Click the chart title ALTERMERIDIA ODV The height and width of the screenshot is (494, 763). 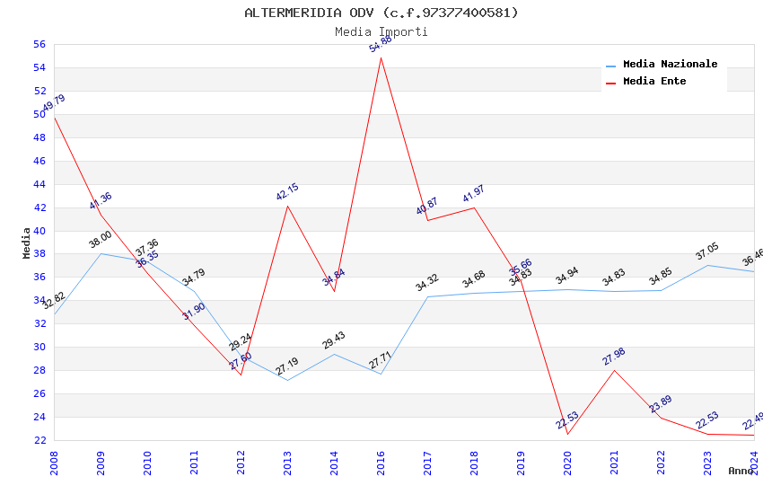pos(381,13)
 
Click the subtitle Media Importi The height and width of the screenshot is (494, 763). pos(381,31)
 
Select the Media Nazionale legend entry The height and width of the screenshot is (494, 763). pos(670,65)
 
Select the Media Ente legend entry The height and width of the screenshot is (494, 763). pos(654,82)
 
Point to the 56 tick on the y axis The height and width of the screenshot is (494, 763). pos(39,44)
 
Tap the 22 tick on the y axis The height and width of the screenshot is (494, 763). pos(39,440)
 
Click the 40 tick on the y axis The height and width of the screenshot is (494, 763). pos(39,231)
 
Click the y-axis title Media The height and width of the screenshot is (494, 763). pos(27,243)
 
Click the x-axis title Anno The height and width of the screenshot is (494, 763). pos(741,471)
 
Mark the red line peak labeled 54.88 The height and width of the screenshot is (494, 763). pos(381,57)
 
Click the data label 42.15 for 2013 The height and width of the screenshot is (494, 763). pos(287,192)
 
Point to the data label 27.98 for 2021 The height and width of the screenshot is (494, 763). pos(614,357)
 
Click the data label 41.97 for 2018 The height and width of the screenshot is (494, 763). pos(474,194)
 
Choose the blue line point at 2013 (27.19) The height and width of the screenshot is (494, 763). pos(288,380)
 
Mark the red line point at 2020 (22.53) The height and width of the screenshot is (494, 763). pos(568,435)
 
